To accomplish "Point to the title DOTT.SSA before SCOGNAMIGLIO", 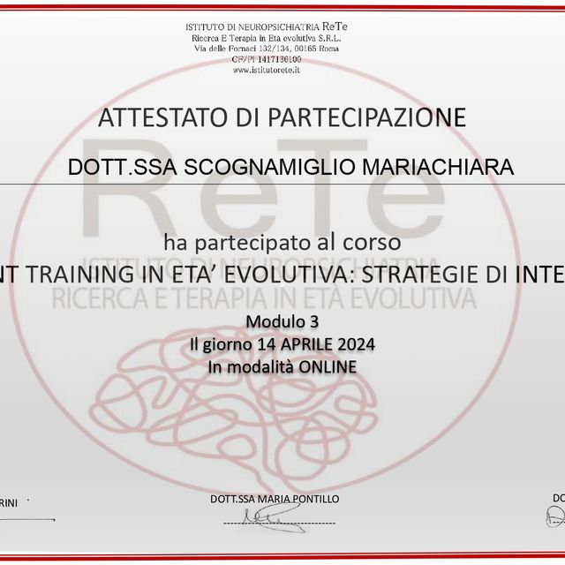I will pyautogui.click(x=126, y=168).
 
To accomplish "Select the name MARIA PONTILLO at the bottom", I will pyautogui.click(x=300, y=500).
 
